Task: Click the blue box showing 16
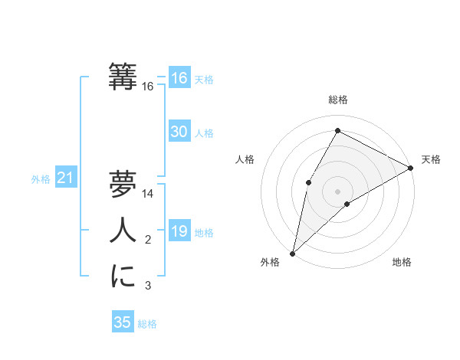[x=179, y=78]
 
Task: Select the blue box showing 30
[x=179, y=132]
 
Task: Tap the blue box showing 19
[x=179, y=232]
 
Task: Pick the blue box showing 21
[x=65, y=178]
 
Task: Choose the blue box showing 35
[x=122, y=322]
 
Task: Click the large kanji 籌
[x=123, y=77]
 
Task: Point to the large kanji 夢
[x=123, y=185]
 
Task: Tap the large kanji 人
[x=123, y=231]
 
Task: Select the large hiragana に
[x=123, y=277]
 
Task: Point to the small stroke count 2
[x=148, y=241]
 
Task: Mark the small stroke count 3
[x=148, y=286]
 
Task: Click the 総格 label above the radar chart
[x=337, y=100]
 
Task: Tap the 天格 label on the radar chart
[x=431, y=159]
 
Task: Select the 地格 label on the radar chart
[x=402, y=263]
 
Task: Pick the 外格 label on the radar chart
[x=270, y=263]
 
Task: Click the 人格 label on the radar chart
[x=245, y=159]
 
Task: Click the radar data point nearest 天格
[x=411, y=168]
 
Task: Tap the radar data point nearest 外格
[x=292, y=253]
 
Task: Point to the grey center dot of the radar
[x=337, y=191]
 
